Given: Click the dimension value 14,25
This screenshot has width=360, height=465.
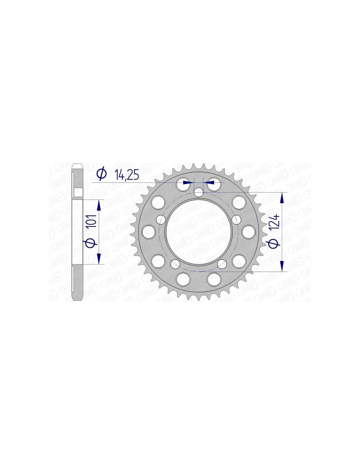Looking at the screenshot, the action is [127, 174].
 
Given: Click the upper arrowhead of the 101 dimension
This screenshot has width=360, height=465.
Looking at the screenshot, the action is [99, 207].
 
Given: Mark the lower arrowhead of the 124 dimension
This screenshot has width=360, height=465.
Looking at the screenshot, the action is [282, 265].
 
